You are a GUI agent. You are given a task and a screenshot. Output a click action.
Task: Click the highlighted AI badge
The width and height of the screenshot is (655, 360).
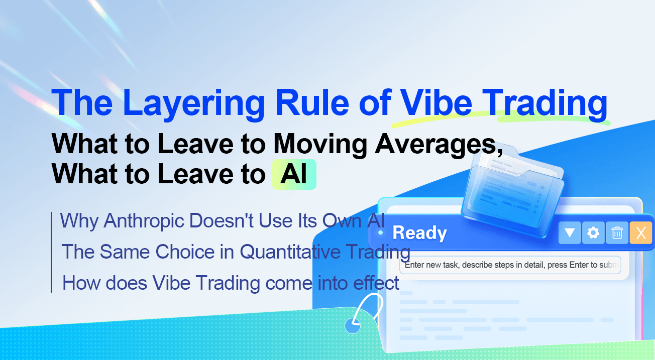294,174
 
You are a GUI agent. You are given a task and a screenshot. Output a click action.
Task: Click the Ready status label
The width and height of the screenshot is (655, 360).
419,233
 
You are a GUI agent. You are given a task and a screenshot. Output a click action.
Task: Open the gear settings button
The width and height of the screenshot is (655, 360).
593,233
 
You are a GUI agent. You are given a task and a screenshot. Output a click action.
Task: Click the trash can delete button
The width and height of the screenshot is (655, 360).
617,233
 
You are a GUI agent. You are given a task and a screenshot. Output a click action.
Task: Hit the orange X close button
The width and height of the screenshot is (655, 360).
641,233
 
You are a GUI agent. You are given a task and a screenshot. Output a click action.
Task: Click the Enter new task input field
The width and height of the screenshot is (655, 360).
510,265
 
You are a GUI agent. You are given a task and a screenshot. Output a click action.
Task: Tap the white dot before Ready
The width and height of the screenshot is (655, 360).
381,233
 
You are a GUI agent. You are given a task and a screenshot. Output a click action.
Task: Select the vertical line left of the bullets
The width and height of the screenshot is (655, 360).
51,252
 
